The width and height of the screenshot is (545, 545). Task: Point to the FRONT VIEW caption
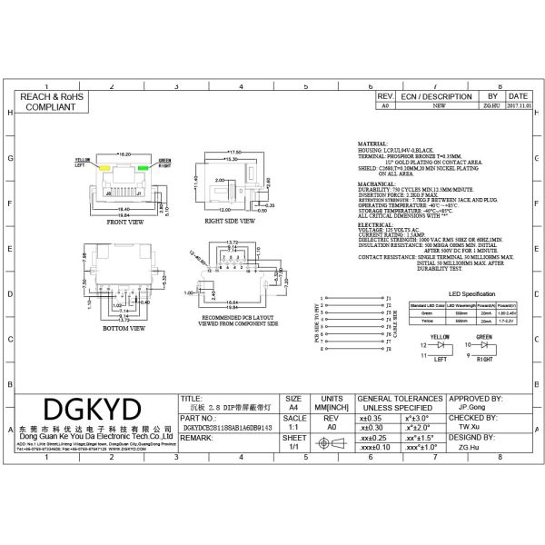pos(124,221)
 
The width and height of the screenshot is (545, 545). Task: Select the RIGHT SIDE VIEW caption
pos(229,221)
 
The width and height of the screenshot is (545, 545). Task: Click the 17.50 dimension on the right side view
pos(238,152)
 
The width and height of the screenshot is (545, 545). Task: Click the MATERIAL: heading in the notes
pos(372,144)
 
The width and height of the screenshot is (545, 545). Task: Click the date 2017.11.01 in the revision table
pos(519,105)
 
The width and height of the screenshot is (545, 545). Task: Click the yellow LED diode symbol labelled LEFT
pos(443,346)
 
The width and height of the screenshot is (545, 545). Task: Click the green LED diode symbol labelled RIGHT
pos(483,346)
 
